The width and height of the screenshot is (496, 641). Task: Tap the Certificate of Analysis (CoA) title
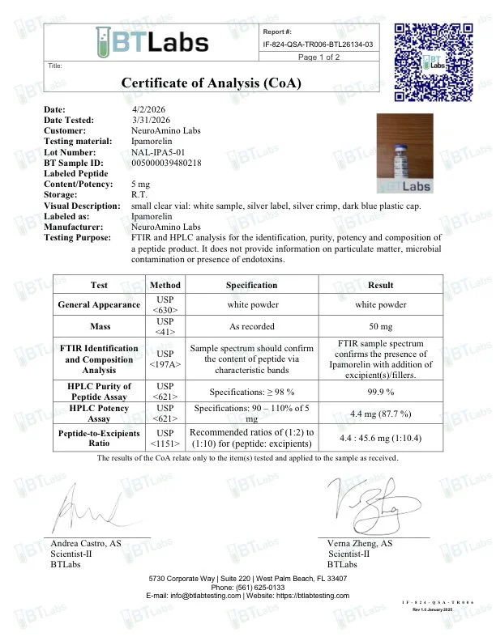pos(211,83)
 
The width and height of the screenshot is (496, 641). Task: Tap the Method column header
pos(165,285)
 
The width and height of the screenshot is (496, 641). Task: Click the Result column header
pos(380,285)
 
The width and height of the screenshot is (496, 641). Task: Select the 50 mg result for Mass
pos(380,326)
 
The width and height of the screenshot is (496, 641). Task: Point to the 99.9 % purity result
pos(380,390)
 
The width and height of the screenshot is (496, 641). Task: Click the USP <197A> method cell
pos(165,359)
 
